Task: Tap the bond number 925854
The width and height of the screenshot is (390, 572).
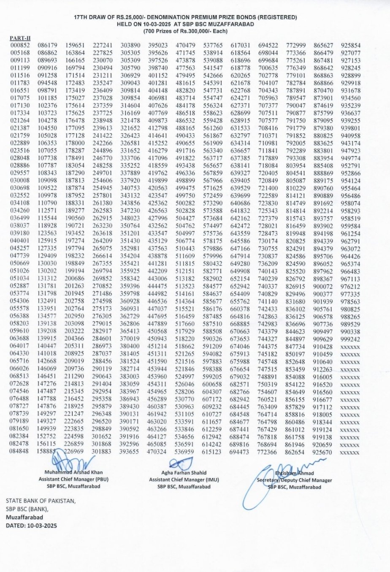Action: [x=351, y=46]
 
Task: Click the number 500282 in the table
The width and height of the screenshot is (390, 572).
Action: [x=185, y=203]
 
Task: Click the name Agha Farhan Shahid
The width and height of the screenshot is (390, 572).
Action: [x=184, y=473]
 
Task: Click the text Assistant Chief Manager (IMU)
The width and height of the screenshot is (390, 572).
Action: [x=184, y=480]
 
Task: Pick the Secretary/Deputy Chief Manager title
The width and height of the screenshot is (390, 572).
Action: [x=295, y=480]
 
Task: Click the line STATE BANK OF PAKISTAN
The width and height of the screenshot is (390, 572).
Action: [x=41, y=501]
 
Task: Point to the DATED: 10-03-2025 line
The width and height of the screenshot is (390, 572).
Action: [x=31, y=526]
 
